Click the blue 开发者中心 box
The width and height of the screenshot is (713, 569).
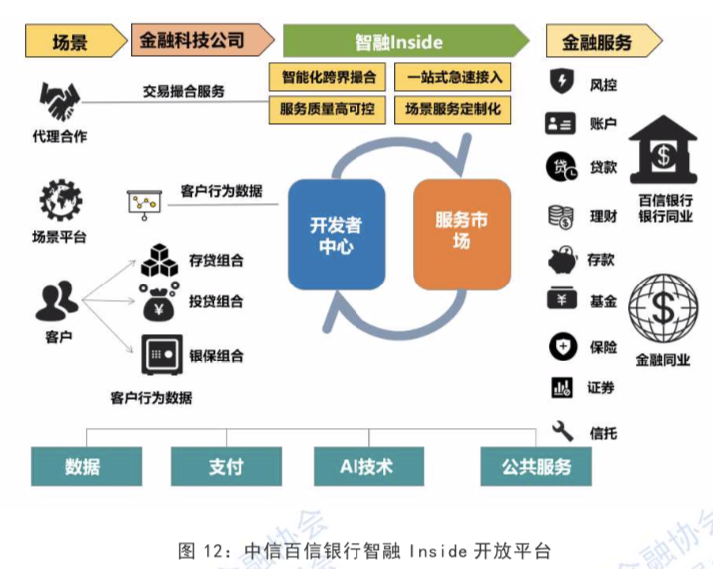(x=336, y=234)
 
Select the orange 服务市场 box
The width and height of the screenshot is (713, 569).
(x=461, y=234)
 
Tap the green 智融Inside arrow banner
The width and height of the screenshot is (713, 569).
(x=403, y=42)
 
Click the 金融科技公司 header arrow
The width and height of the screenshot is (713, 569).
(x=202, y=41)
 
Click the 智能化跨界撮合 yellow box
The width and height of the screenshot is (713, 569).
(x=329, y=77)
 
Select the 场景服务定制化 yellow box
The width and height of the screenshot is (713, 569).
(x=453, y=109)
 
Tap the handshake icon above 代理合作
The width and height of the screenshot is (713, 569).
(x=59, y=101)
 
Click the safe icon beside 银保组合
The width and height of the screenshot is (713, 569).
(x=159, y=354)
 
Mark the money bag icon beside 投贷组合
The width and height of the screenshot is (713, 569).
(x=159, y=302)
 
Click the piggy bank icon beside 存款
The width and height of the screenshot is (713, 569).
(x=561, y=260)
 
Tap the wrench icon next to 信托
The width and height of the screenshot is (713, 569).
(x=562, y=431)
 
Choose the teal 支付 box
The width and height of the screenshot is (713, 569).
(x=225, y=466)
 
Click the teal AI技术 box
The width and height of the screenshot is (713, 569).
(x=366, y=466)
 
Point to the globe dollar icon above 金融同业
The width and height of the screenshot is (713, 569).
(x=663, y=309)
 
